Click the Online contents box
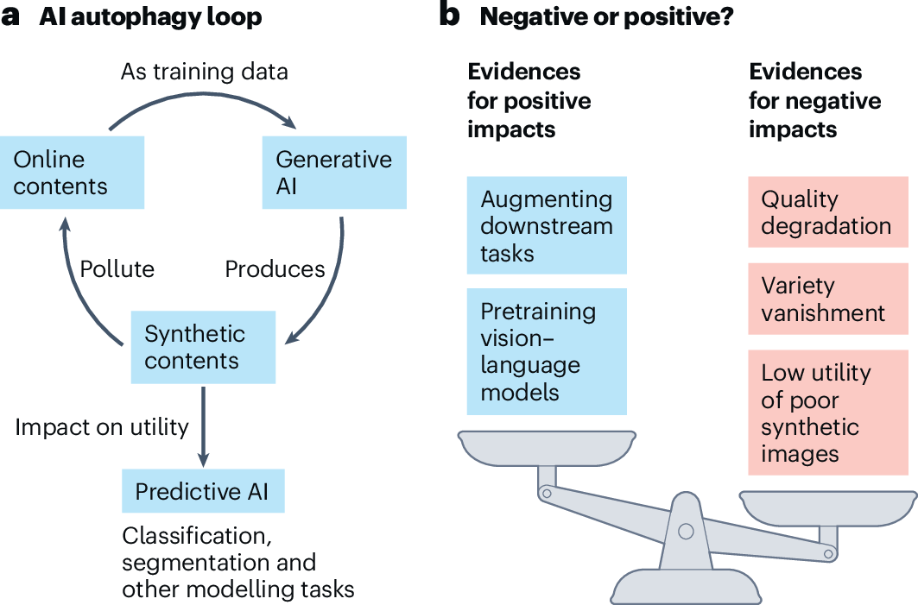point(72,173)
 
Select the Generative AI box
point(333,173)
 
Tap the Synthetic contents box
point(203,347)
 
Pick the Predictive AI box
point(203,492)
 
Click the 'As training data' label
point(204,71)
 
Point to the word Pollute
point(117,269)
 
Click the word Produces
point(275,269)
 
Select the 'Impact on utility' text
point(101,426)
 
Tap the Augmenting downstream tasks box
point(546,225)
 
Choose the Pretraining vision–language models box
point(546,351)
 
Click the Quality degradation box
point(826,212)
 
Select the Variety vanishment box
point(826,299)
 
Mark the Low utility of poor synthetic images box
point(826,413)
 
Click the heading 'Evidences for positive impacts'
point(529,100)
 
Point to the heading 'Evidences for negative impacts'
point(814,100)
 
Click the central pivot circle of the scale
point(686,531)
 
